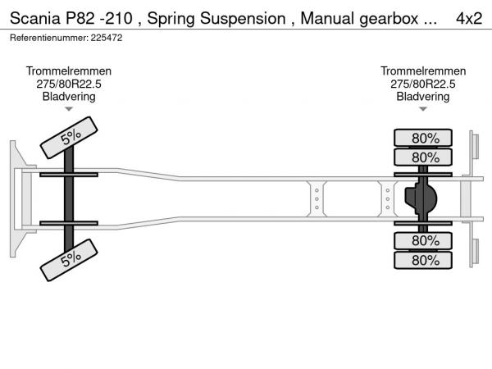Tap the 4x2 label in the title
coord(468,20)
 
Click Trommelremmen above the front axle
coord(69,72)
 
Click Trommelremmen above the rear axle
coord(423,72)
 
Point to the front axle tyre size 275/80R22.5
coord(69,84)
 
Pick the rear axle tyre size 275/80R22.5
coord(423,84)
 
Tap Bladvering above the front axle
coord(69,97)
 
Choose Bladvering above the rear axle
coord(423,97)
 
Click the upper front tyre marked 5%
coord(71,136)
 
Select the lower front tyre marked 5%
coord(71,259)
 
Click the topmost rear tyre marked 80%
coord(425,138)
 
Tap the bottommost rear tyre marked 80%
coord(425,260)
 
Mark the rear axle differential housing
coord(421,198)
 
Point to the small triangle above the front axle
coord(69,109)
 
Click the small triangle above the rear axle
coord(423,109)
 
